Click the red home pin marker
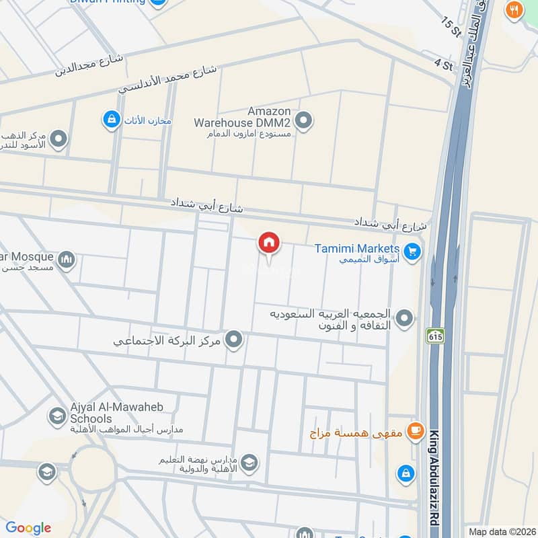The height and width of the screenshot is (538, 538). click(x=269, y=243)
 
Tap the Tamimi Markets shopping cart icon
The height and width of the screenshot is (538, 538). click(x=413, y=252)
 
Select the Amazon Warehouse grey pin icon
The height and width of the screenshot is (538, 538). click(x=305, y=121)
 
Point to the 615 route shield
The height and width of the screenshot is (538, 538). click(x=433, y=335)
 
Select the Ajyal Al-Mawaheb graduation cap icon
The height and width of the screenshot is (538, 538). click(x=57, y=417)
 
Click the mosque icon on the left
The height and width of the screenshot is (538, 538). click(x=66, y=260)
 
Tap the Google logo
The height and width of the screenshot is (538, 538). click(x=28, y=528)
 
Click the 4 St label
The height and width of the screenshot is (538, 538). click(x=443, y=65)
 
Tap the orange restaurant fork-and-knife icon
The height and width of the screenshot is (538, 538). click(x=514, y=9)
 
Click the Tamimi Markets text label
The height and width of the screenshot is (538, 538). click(x=357, y=248)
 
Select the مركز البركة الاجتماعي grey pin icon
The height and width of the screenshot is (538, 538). click(x=234, y=340)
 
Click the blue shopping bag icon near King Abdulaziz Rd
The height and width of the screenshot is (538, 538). click(x=406, y=473)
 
